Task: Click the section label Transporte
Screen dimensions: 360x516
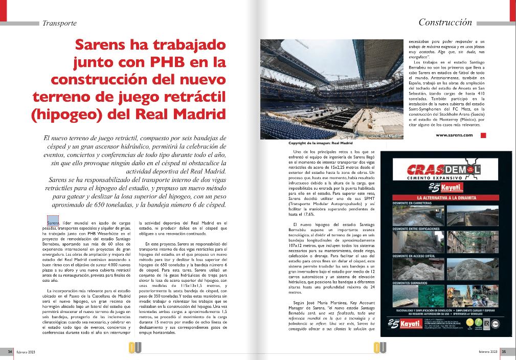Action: (59, 24)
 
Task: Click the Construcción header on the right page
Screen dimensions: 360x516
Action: (445, 22)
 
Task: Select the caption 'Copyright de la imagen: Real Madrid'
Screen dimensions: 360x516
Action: (317, 144)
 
